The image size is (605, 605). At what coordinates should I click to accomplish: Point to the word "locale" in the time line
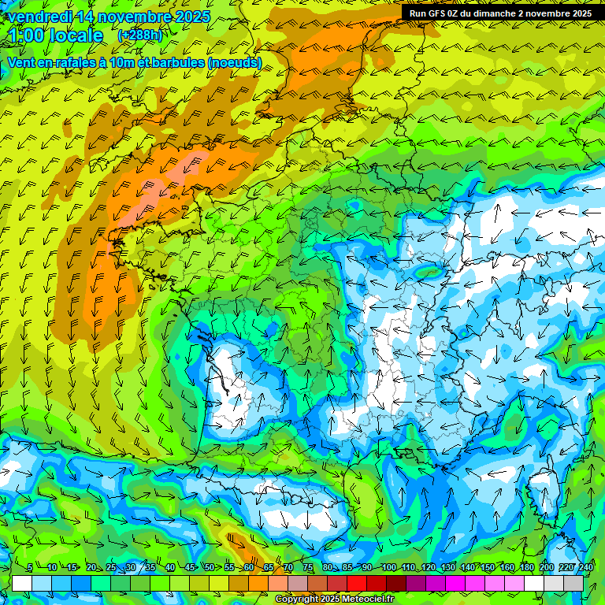coord(76,36)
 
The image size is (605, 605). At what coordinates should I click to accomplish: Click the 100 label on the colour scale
coord(388,568)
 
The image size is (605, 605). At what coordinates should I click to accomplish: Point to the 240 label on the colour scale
coord(585,568)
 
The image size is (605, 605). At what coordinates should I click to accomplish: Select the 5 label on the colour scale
coord(30,568)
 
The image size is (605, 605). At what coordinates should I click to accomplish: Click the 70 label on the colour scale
coord(288,568)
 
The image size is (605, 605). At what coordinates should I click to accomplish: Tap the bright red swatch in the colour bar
coord(357,583)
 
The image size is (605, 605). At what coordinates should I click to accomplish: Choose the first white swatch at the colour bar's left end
coord(22,583)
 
